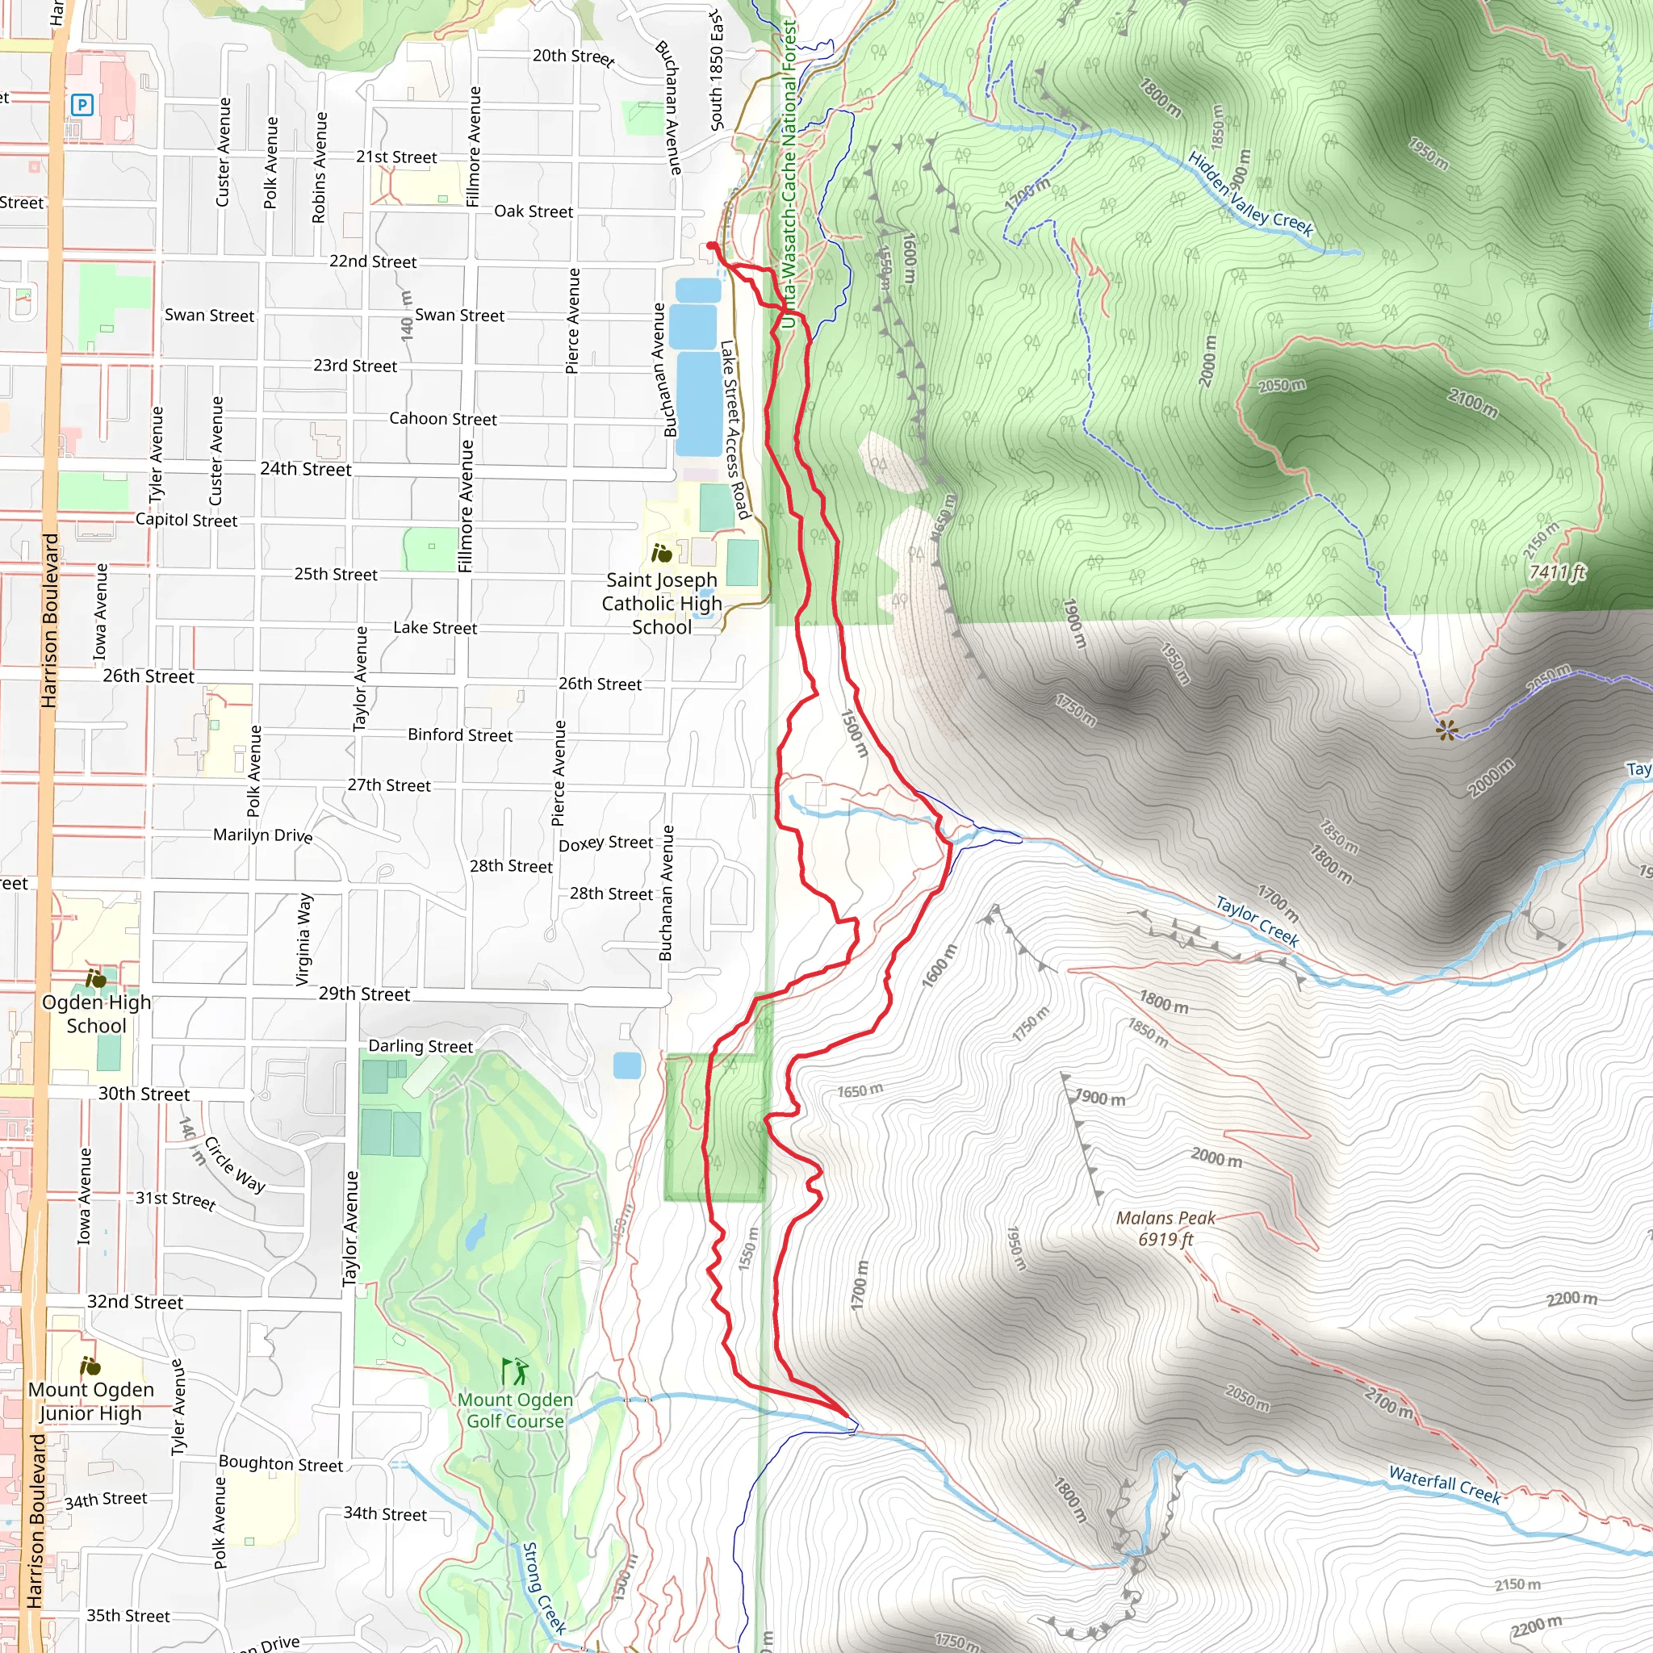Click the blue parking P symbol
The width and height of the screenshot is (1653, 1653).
click(82, 105)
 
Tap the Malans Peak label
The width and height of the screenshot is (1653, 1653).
click(1165, 1228)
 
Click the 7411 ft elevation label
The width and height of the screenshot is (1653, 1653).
click(1557, 572)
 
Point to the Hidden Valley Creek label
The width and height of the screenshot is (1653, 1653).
click(1249, 194)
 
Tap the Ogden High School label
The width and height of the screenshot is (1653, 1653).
click(96, 1013)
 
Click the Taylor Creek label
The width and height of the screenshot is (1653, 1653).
click(1257, 921)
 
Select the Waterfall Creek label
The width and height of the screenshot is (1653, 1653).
click(1444, 1484)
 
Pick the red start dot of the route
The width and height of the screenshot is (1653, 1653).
click(712, 246)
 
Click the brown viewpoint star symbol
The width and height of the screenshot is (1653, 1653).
click(1446, 730)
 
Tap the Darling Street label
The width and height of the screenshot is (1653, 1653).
click(420, 1045)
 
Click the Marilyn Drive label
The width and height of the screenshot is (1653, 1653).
click(262, 835)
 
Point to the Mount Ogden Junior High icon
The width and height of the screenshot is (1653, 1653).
click(90, 1366)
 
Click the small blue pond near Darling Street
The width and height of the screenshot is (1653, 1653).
click(627, 1065)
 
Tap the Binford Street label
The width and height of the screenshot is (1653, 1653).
click(459, 734)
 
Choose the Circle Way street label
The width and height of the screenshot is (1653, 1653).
click(234, 1165)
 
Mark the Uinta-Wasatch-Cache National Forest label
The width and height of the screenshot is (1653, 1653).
click(789, 171)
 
